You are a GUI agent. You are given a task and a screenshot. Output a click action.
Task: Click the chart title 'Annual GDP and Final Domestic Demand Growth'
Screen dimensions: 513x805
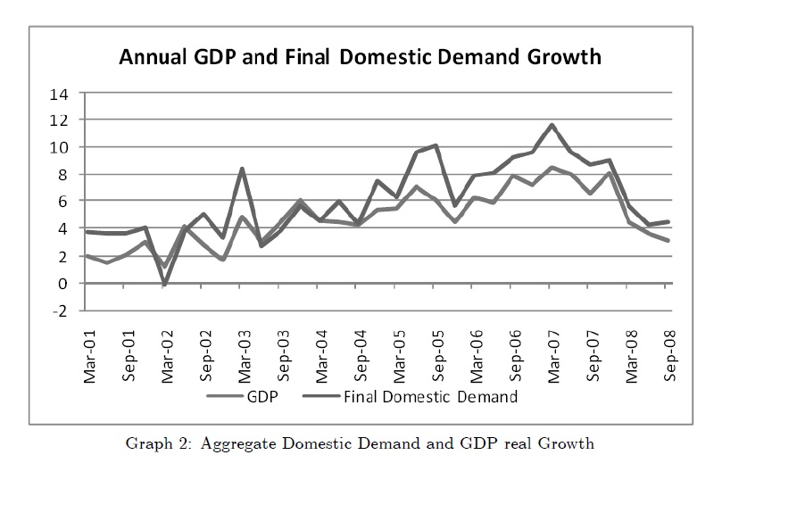click(x=361, y=58)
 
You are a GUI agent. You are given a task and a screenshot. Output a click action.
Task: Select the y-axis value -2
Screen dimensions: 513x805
click(x=60, y=310)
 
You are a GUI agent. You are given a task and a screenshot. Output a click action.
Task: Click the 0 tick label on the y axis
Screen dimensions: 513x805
click(x=63, y=284)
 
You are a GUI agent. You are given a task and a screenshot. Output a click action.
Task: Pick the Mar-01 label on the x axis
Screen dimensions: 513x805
click(x=89, y=357)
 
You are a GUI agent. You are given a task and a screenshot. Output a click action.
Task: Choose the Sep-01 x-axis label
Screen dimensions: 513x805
click(x=129, y=357)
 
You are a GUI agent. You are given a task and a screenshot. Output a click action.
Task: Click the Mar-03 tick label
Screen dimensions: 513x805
click(x=244, y=357)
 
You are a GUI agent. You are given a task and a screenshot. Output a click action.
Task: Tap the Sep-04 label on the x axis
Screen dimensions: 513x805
click(x=360, y=357)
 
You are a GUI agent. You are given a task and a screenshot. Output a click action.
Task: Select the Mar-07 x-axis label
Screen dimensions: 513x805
click(x=553, y=357)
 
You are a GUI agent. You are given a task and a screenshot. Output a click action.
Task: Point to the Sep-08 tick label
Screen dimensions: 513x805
click(x=668, y=357)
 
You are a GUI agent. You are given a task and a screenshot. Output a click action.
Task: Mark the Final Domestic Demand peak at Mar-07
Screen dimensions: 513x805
click(x=553, y=126)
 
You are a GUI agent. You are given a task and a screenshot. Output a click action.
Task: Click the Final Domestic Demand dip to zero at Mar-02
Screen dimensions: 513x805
click(x=166, y=284)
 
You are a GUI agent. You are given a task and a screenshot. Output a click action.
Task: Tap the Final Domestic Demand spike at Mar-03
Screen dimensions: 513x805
click(x=243, y=169)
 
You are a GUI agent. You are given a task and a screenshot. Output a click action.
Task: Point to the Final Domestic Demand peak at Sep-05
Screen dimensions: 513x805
click(x=436, y=145)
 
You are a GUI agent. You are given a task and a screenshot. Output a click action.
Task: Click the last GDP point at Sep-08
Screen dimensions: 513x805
click(x=668, y=241)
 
